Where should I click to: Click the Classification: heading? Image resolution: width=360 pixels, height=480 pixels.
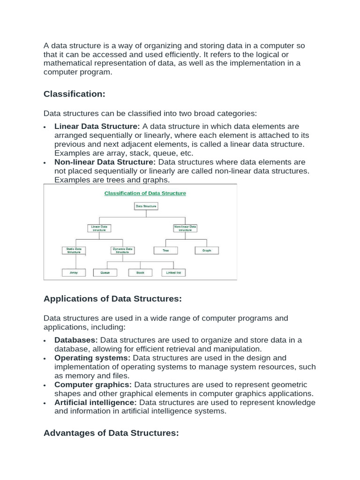[x=75, y=94]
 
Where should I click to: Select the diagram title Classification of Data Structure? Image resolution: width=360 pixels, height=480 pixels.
[x=145, y=193]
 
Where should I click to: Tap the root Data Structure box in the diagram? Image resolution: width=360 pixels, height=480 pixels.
[x=146, y=206]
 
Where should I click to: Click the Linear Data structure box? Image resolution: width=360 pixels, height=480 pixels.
[x=99, y=228]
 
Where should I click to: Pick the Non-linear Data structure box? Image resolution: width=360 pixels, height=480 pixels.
[x=185, y=228]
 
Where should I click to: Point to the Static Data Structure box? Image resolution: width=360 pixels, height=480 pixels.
[x=74, y=250]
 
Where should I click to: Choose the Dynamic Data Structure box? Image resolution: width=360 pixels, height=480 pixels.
[x=122, y=250]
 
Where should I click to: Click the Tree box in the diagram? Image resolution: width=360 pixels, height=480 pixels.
[x=165, y=251]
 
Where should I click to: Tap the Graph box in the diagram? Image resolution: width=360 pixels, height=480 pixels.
[x=207, y=251]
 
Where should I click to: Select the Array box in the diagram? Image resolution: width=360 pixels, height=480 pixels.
[x=74, y=272]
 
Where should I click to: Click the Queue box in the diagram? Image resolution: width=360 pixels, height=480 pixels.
[x=105, y=272]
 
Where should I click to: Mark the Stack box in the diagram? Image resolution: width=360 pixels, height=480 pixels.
[x=140, y=272]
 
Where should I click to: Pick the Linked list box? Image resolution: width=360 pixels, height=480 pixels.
[x=173, y=272]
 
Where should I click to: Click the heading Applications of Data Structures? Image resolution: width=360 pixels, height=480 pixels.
[x=112, y=299]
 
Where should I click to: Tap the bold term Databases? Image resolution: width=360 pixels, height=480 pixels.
[x=76, y=340]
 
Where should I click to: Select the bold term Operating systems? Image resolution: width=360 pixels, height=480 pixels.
[x=92, y=358]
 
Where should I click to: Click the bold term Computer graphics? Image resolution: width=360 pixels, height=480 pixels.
[x=93, y=385]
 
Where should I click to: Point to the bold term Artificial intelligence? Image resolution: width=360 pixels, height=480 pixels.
[x=96, y=403]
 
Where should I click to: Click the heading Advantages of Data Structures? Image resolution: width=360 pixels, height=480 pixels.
[x=111, y=434]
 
